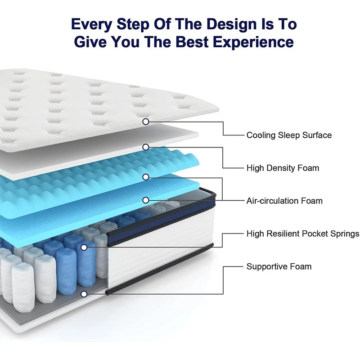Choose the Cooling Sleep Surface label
click(289, 135)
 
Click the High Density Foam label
click(283, 168)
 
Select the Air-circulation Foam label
click(284, 201)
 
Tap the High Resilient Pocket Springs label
click(302, 234)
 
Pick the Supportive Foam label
click(279, 266)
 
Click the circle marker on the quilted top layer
click(145, 121)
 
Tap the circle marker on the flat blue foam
click(145, 199)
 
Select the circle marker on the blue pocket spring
click(84, 247)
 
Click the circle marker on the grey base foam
click(84, 294)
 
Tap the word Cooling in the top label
click(260, 135)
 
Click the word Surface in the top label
click(317, 135)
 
